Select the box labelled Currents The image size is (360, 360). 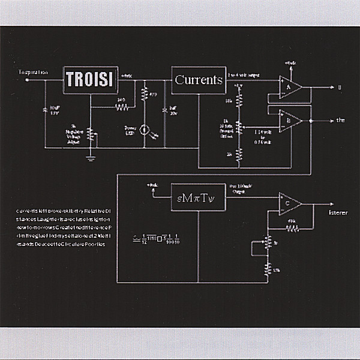click(x=198, y=80)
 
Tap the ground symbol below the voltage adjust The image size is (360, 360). click(x=91, y=157)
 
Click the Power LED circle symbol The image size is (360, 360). click(x=144, y=128)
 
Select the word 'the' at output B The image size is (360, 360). click(x=340, y=120)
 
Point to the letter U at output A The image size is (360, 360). click(x=339, y=88)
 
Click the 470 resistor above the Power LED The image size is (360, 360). click(x=144, y=94)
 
